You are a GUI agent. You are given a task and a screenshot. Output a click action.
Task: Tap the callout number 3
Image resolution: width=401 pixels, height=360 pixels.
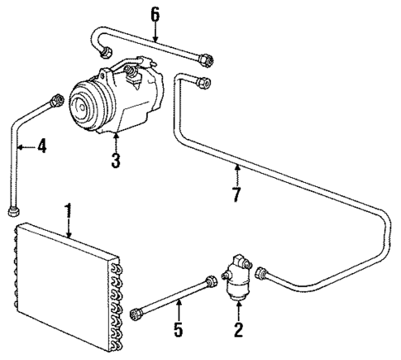click(116, 161)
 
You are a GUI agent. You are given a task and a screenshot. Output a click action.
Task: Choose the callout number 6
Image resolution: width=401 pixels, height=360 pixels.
click(155, 14)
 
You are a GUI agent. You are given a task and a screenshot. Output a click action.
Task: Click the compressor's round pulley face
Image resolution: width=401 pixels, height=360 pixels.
click(83, 105)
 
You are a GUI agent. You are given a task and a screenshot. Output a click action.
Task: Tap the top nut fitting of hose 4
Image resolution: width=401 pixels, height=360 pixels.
click(57, 100)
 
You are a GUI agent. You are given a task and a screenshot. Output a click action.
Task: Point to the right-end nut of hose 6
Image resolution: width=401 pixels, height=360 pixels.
click(207, 58)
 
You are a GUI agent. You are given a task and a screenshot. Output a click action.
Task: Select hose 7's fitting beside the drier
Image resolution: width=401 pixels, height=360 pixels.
click(263, 274)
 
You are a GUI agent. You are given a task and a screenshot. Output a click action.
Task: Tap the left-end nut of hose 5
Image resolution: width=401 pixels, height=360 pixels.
click(136, 314)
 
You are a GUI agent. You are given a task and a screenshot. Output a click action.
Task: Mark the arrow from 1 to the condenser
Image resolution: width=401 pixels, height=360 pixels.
click(69, 228)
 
